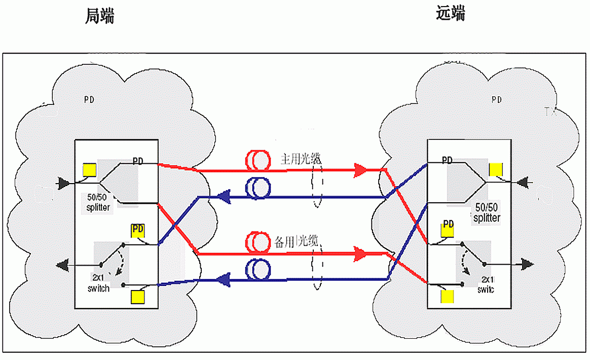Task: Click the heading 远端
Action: point(451,14)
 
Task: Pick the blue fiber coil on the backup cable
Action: point(258,269)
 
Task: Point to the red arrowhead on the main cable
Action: point(360,170)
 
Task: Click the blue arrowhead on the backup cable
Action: point(224,278)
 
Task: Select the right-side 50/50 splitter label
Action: point(487,213)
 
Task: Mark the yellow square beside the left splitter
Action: point(90,169)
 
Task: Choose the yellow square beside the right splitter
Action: point(495,169)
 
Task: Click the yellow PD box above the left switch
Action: point(138,230)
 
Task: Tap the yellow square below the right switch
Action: point(447,296)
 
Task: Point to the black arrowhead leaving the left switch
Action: point(63,264)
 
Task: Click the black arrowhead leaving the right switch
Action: point(528,264)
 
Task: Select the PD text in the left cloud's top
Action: point(89,99)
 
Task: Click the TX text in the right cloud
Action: point(550,112)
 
